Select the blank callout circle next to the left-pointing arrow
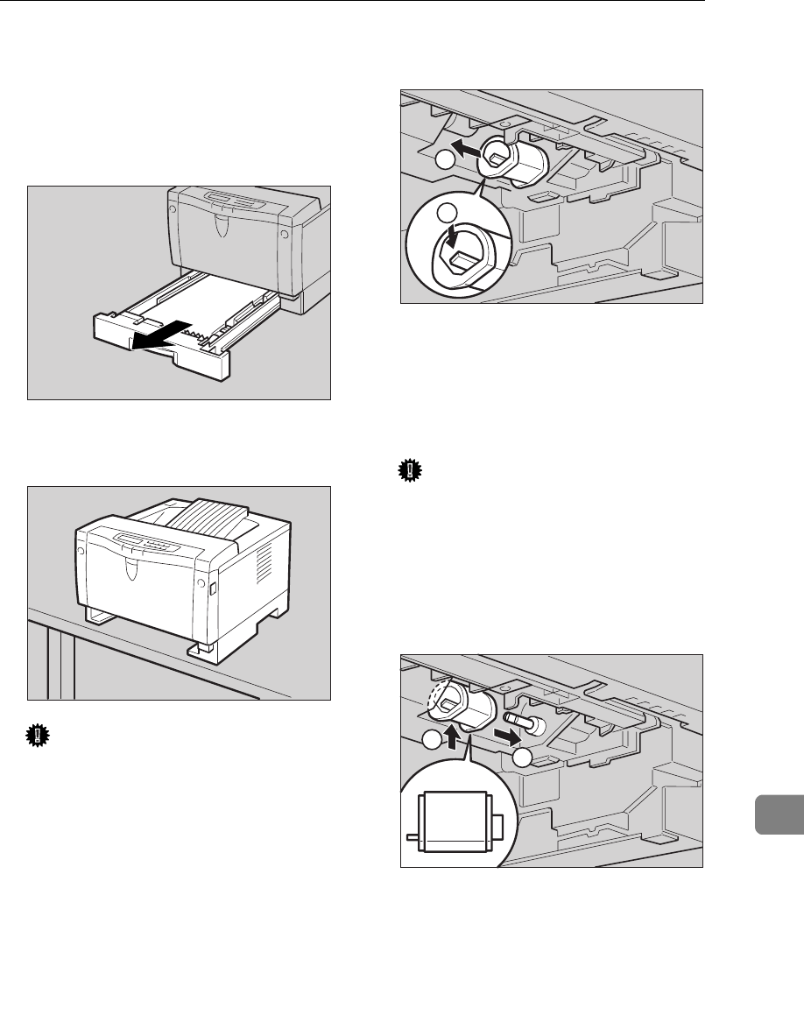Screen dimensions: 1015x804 (446, 161)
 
